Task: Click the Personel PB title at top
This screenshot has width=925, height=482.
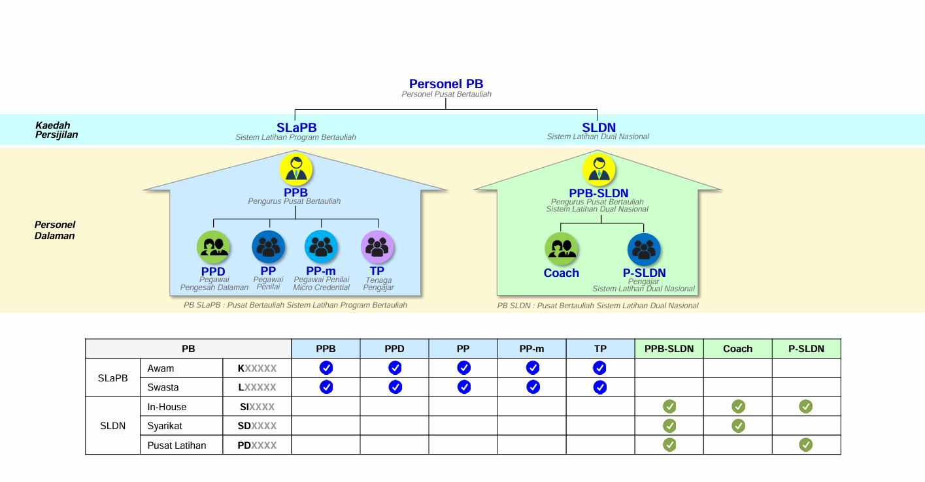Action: [x=446, y=84]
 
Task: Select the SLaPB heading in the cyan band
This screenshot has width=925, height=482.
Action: [x=297, y=127]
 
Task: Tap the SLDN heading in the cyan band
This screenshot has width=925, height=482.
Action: [x=599, y=127]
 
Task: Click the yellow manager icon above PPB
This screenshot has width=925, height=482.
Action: [x=295, y=169]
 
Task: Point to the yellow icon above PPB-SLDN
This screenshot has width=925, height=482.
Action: [x=598, y=170]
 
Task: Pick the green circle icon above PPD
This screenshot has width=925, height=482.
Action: [x=213, y=247]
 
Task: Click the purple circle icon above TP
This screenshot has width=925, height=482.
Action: [x=377, y=247]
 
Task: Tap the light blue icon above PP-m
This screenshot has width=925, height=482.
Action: [x=321, y=247]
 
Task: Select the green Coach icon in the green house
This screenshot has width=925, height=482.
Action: [x=561, y=249]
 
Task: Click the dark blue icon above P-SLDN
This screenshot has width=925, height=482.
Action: [x=644, y=249]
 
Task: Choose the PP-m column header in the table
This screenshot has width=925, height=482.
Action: [x=531, y=349]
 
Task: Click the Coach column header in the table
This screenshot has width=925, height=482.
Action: [x=737, y=349]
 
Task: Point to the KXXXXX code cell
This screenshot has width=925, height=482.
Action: [x=257, y=368]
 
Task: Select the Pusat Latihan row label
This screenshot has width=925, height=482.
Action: [x=177, y=445]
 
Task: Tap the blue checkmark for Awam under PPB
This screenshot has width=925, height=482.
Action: [x=326, y=368]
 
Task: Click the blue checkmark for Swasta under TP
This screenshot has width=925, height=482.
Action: [x=599, y=387]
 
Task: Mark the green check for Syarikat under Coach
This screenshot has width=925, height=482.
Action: [x=738, y=426]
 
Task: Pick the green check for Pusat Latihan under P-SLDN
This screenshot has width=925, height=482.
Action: [x=805, y=445]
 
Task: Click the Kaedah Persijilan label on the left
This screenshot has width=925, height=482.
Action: [x=56, y=130]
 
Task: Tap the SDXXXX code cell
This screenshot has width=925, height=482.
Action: [x=257, y=426]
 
